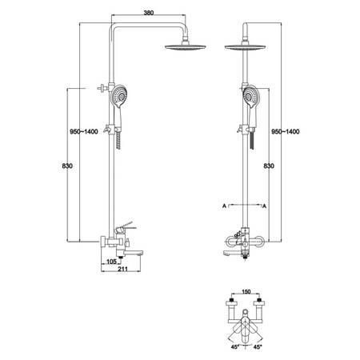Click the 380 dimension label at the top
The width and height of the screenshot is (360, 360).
(149, 13)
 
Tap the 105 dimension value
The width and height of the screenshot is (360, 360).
(111, 262)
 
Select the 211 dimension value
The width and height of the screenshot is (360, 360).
(122, 269)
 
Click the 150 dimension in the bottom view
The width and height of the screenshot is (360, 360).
(246, 291)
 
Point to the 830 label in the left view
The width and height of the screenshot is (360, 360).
(67, 166)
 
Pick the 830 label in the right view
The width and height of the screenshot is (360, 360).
(269, 166)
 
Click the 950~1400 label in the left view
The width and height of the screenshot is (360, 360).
(84, 131)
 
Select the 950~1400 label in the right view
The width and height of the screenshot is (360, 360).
(286, 131)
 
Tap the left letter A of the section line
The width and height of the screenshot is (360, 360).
(224, 206)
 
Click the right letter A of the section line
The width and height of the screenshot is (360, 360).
(264, 206)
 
